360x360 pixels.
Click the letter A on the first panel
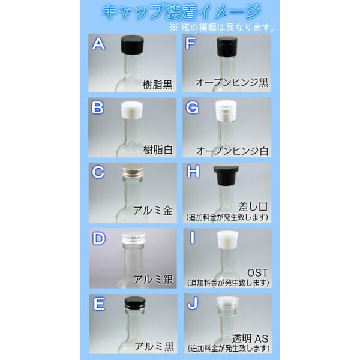pos(98,44)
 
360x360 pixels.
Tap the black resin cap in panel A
pos(132,45)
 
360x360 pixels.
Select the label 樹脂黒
pos(157,85)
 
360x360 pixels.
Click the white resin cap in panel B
pos(132,110)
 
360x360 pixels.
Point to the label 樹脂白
pos(158,149)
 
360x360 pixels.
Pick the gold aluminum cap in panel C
pos(133,172)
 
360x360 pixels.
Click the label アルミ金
pos(152,211)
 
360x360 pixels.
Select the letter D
pos(98,238)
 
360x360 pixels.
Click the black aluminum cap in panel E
pos(135,303)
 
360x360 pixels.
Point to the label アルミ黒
pos(154,346)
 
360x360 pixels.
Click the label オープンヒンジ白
pos(232,151)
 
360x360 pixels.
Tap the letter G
pos(192,108)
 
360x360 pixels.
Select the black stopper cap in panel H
pos(226,175)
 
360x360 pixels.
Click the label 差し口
pos(253,206)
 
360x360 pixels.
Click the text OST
pos(257,273)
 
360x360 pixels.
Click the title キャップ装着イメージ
pos(181,12)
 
